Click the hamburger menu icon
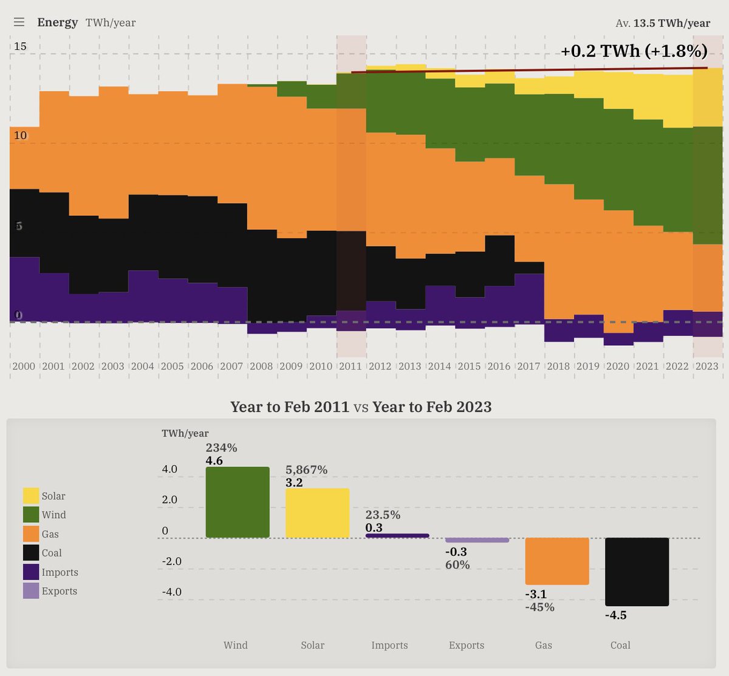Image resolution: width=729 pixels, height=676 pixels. click(x=19, y=22)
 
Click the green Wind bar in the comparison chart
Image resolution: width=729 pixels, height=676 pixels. click(x=238, y=502)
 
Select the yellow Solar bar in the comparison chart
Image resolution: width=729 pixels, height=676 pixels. click(x=317, y=513)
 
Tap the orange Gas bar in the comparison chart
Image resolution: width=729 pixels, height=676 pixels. click(x=557, y=561)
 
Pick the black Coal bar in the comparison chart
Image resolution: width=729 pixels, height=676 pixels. click(x=637, y=571)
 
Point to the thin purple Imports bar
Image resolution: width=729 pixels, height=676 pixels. click(x=397, y=536)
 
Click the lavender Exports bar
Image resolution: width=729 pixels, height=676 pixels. click(x=477, y=540)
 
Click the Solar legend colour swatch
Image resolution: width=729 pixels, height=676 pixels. click(x=31, y=496)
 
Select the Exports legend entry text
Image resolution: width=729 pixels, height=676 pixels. click(x=59, y=591)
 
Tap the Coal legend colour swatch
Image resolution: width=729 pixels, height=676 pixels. click(x=31, y=553)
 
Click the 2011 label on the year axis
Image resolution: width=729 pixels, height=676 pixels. click(x=350, y=366)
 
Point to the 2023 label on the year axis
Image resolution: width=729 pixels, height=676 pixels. click(x=707, y=366)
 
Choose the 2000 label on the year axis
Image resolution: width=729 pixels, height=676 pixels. click(x=24, y=366)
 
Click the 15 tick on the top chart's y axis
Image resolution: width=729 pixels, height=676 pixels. click(x=20, y=46)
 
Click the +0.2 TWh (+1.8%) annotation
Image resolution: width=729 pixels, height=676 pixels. click(x=634, y=51)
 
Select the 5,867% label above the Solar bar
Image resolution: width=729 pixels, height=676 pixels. click(x=306, y=470)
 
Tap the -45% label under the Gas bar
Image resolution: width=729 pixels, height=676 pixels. click(x=539, y=607)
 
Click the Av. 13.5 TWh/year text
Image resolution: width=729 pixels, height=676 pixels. click(x=662, y=23)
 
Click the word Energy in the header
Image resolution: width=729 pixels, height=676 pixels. click(x=57, y=22)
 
